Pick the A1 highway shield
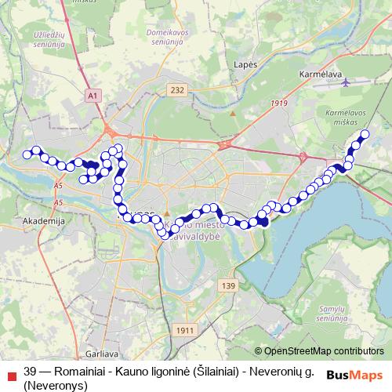pos(94,95)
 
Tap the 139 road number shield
pos(228,285)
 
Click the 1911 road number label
pos(185,330)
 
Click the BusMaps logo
pos(354,373)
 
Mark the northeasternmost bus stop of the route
pos(364,134)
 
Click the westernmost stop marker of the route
pos(27,154)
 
